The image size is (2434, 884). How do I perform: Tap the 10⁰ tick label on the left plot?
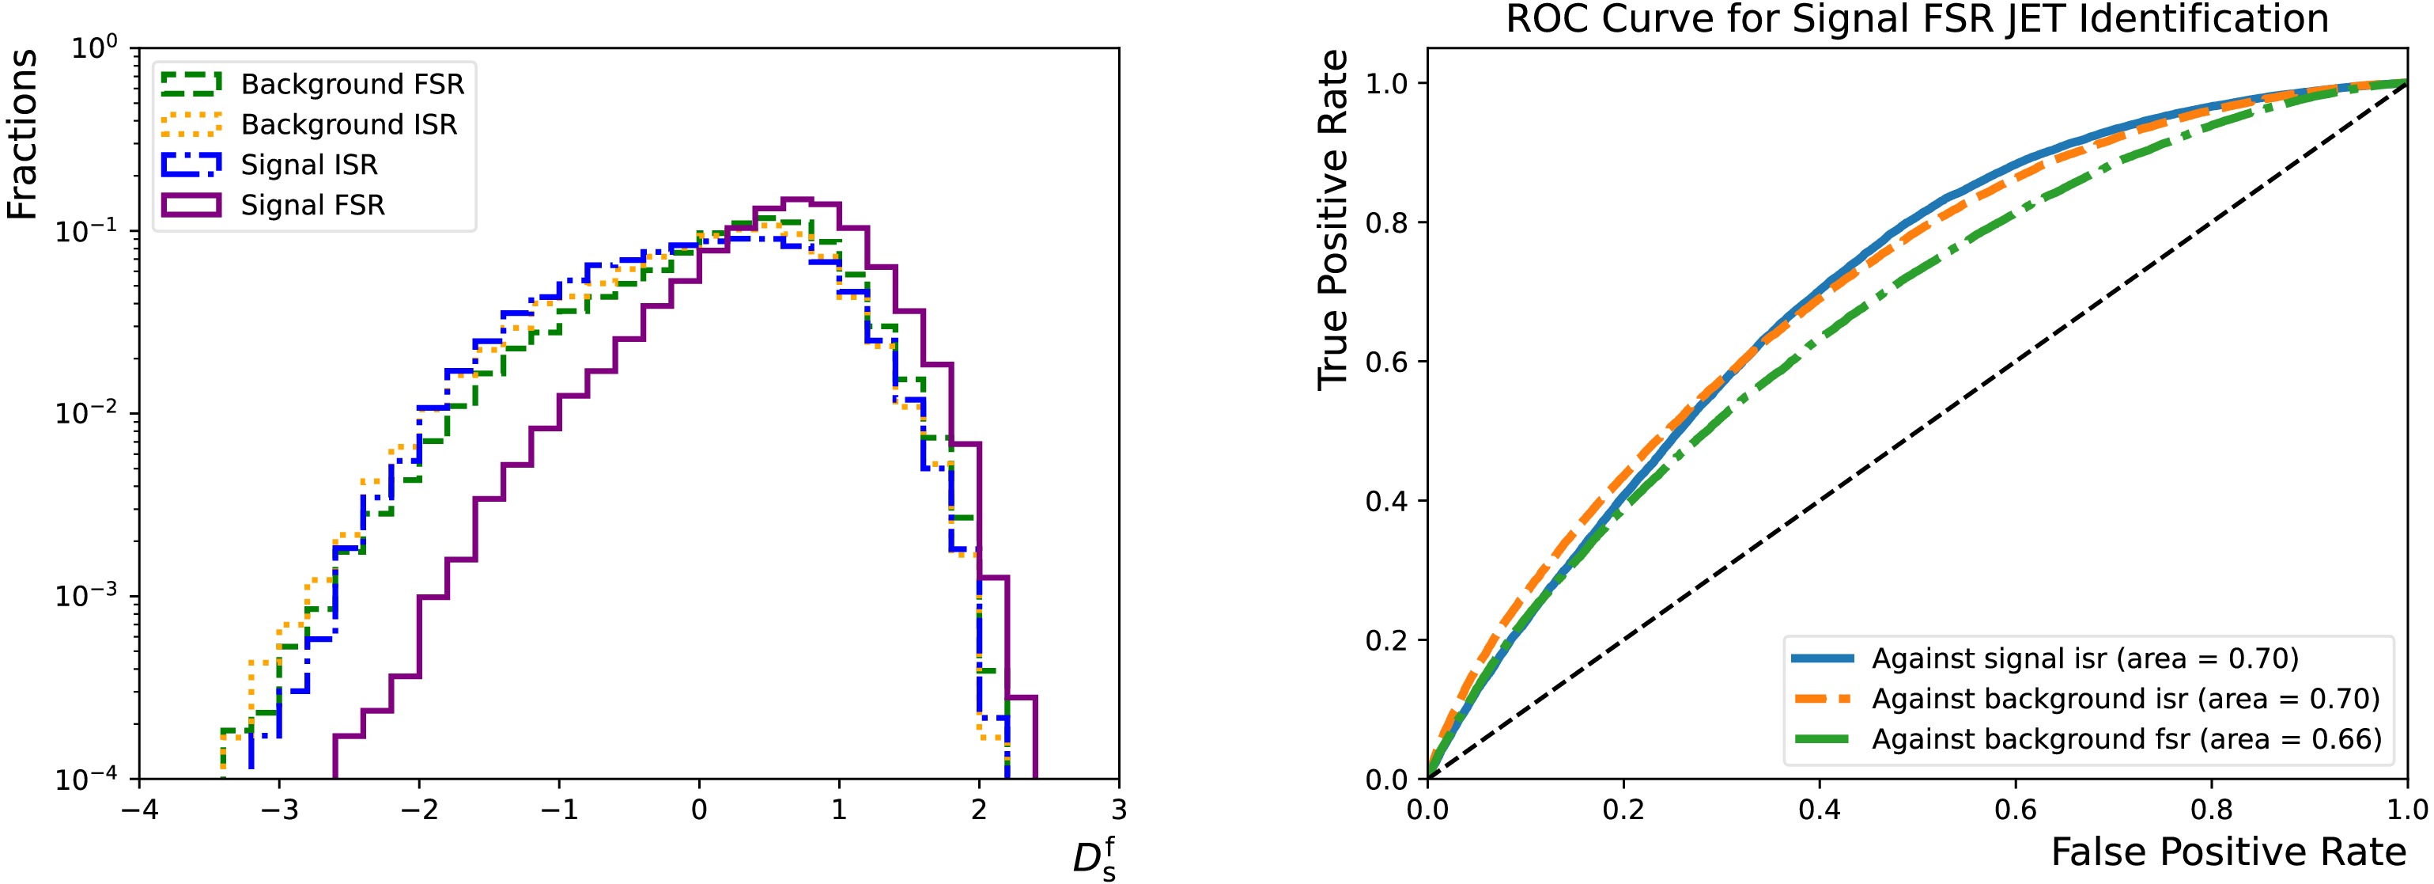(94, 47)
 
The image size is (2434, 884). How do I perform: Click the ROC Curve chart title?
(1916, 19)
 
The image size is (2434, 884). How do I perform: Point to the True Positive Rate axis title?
(1332, 219)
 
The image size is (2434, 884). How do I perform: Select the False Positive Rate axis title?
(2228, 853)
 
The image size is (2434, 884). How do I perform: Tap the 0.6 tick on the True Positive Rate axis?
(1385, 362)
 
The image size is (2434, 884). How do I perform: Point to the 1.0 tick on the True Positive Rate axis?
(1385, 83)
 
